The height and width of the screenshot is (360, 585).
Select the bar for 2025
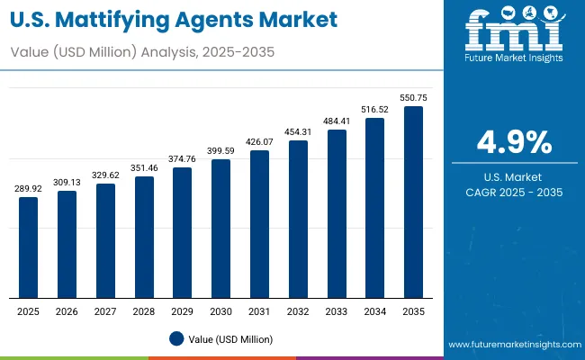(x=29, y=247)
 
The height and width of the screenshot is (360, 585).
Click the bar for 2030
(x=220, y=229)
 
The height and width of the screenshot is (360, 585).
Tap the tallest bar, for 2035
(x=413, y=202)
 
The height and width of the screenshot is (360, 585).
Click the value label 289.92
(x=29, y=189)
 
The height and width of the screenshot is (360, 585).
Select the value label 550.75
(x=413, y=97)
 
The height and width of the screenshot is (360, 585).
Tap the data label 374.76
(x=183, y=159)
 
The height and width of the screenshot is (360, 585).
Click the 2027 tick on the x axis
(x=105, y=310)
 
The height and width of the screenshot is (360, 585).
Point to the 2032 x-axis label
(x=298, y=310)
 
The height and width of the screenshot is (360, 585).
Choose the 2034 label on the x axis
(x=374, y=310)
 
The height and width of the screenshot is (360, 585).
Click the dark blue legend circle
(x=177, y=338)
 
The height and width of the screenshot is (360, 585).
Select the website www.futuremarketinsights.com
(x=512, y=345)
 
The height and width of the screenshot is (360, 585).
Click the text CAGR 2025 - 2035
(x=514, y=192)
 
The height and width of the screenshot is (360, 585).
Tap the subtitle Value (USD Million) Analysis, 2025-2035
(x=142, y=52)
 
